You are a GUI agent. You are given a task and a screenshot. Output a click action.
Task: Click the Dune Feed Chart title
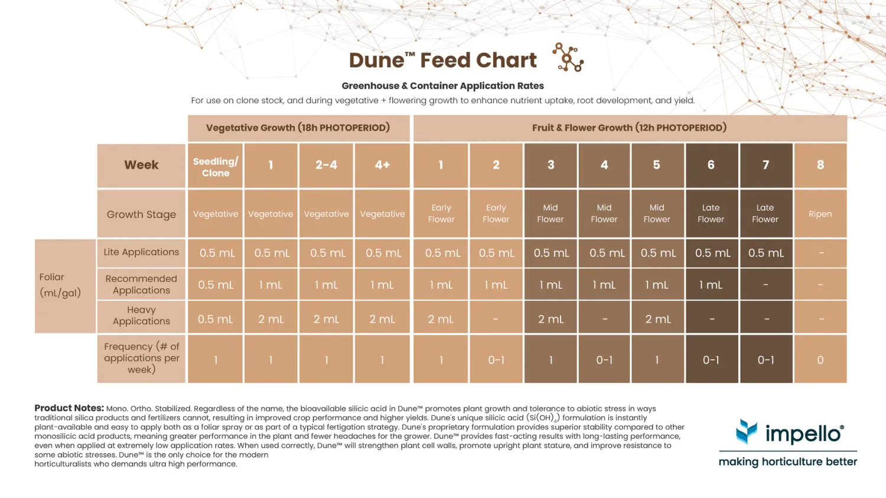[442, 60]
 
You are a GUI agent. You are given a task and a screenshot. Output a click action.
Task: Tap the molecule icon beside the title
[568, 57]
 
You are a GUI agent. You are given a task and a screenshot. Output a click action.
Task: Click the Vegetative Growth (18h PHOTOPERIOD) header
[298, 128]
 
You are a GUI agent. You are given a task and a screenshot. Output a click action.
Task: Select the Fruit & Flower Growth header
[630, 128]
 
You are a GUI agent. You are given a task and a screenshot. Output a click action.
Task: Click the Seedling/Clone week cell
[216, 167]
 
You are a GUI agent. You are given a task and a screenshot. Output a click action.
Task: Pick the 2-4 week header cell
[326, 165]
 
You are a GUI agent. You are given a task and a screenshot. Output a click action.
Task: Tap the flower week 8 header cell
[820, 165]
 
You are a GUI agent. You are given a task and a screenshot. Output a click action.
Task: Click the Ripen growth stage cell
[820, 214]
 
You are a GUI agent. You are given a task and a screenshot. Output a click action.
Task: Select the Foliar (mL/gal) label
[60, 285]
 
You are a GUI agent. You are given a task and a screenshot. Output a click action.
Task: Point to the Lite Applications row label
[141, 252]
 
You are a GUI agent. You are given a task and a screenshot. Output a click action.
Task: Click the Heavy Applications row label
[141, 315]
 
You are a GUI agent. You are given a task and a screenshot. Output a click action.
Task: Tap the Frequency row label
[141, 358]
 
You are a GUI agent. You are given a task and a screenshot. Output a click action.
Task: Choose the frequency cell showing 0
[820, 360]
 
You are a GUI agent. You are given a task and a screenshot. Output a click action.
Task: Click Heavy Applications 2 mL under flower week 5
[658, 319]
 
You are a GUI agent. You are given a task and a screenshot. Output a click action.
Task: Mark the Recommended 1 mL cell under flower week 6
[711, 285]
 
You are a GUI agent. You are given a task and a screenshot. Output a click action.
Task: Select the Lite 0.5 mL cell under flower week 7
[766, 253]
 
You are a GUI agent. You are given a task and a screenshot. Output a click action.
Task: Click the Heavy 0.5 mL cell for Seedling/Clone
[216, 319]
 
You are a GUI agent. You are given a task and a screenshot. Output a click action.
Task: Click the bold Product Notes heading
[69, 408]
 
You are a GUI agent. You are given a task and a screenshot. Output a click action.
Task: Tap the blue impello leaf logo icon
[747, 432]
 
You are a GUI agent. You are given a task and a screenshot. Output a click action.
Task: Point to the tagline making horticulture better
[787, 462]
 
